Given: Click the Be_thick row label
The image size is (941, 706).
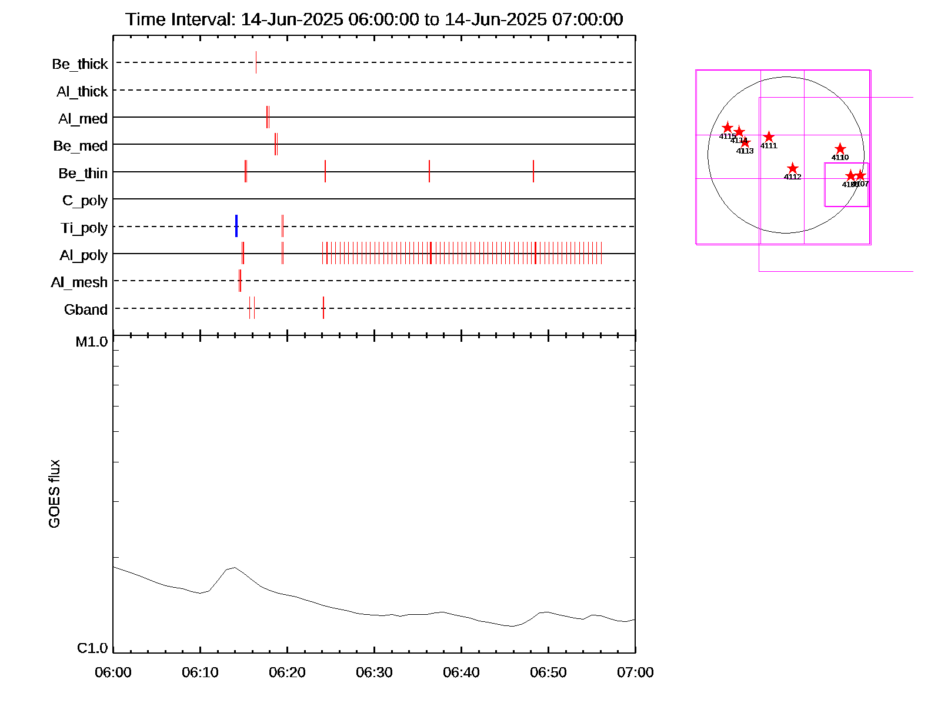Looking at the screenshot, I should click(80, 64).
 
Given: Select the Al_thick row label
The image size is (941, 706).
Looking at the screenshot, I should click(82, 91).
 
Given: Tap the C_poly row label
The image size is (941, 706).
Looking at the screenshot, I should click(85, 201).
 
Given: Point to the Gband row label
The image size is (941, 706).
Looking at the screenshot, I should click(86, 309).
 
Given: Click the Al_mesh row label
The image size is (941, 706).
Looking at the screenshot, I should click(79, 282).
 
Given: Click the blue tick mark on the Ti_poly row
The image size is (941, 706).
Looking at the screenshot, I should click(236, 226).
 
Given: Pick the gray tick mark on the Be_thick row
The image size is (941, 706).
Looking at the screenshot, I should click(256, 62).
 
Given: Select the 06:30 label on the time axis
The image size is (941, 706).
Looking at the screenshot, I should click(374, 672).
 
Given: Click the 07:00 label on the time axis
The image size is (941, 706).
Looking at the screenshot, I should click(635, 672).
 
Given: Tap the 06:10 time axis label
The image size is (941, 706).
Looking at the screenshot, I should click(200, 672).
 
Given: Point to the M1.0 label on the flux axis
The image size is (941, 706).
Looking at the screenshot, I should click(92, 342).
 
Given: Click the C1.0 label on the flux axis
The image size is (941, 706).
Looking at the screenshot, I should click(92, 648).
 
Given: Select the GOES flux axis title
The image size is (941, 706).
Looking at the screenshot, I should click(54, 494).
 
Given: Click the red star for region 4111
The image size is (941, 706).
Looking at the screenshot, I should click(769, 137).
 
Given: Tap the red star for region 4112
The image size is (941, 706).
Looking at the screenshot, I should click(793, 169).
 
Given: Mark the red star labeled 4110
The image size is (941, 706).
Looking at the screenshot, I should click(840, 149).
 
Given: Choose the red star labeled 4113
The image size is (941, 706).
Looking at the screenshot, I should click(745, 142).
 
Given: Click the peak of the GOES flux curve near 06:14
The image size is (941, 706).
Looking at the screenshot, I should click(235, 567).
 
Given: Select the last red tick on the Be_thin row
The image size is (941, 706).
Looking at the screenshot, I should click(533, 171).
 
